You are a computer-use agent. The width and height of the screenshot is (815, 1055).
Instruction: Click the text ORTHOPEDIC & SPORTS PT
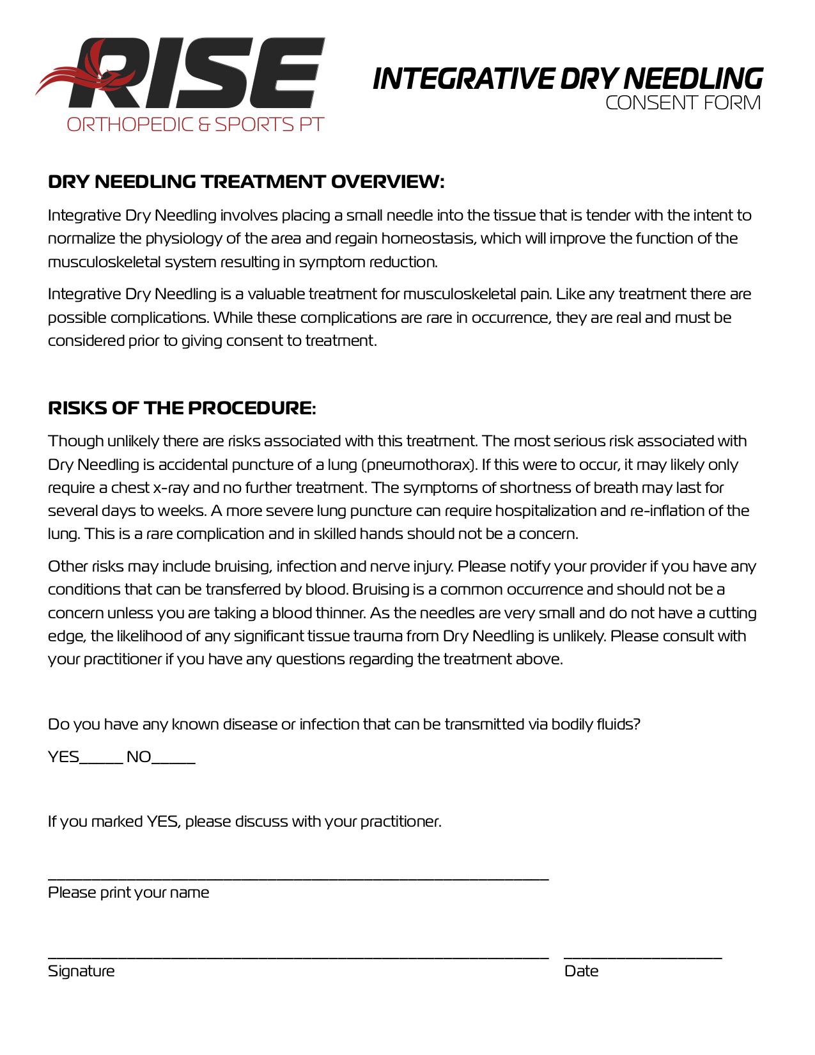196,125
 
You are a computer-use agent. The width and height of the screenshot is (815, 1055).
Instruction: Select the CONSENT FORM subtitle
683,103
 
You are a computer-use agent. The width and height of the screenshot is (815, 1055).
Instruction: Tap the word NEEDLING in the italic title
693,79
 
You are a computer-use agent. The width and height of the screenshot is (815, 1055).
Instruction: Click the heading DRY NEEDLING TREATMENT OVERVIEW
246,182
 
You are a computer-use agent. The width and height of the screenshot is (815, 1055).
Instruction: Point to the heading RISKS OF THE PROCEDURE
182,408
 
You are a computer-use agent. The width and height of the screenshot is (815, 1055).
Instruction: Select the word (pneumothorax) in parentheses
419,465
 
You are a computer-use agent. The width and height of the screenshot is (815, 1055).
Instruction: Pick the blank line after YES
101,762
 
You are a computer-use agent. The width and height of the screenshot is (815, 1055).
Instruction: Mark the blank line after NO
173,762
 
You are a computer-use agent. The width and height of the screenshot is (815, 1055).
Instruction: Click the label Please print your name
128,893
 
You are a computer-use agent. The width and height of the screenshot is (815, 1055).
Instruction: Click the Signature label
81,971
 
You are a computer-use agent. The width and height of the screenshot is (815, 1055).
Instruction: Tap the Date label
581,971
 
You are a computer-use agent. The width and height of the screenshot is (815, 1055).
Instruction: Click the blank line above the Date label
642,957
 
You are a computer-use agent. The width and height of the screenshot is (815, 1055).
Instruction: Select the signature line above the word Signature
298,957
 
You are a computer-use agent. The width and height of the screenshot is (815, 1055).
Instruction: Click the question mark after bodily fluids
637,724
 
